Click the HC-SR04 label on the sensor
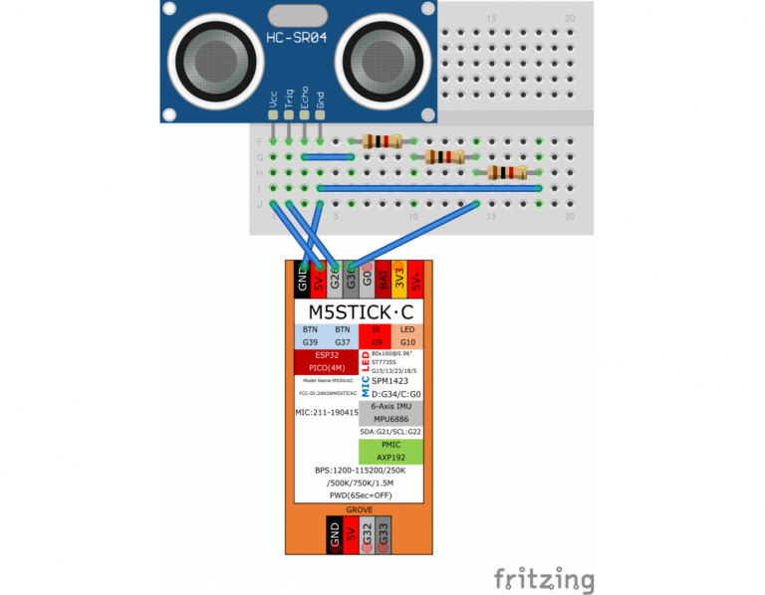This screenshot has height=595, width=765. pos(299,39)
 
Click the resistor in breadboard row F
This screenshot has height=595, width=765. pos(383,141)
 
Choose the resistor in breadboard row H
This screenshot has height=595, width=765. pos(506,172)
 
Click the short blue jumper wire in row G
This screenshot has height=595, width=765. pos(328,156)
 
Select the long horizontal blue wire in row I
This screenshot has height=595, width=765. pos(429,187)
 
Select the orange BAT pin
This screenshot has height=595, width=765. pos(382,279)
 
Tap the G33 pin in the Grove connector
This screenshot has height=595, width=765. pos(383,536)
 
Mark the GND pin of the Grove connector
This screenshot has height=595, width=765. pos(335,536)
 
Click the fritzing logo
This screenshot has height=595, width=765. pos(545,579)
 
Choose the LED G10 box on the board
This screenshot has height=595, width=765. pos(407,335)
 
